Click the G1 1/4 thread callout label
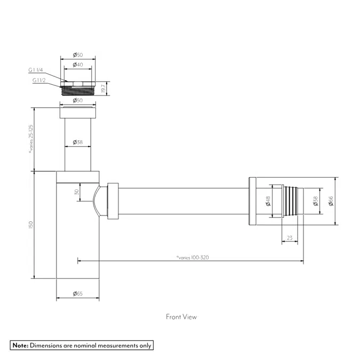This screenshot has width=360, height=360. pos(36,70)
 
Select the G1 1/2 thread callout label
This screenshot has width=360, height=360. pos(39,80)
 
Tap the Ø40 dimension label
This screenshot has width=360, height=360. pos(78,65)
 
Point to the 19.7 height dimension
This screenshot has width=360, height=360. pos(103,89)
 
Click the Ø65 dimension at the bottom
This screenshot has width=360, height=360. pos(78,293)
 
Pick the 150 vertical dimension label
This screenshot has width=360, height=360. pos(31,225)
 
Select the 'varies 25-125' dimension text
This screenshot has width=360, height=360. pos(31,139)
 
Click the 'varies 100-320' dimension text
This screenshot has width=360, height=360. pos(193,258)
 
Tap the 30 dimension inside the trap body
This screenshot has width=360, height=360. pos(77,191)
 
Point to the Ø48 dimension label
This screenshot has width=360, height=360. pos(268,201)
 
